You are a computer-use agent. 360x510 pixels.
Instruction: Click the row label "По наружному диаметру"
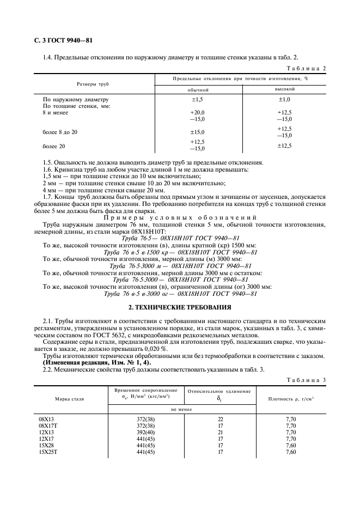[x=75, y=100]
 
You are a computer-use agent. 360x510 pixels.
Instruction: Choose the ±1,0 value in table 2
[x=284, y=100]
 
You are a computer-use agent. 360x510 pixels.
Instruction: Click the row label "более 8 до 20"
[x=59, y=132]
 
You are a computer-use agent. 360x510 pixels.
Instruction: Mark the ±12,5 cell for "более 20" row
[x=284, y=145]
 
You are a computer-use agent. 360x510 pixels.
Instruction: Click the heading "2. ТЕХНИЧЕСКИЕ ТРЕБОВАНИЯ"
[x=179, y=293]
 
